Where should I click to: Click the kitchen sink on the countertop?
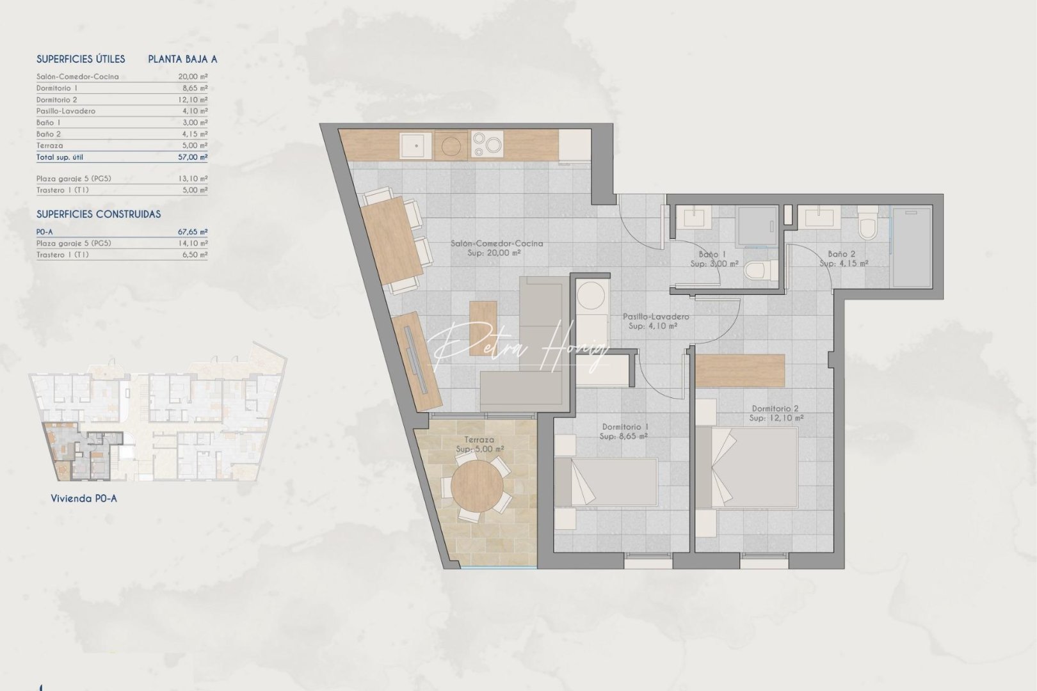pyautogui.click(x=417, y=145)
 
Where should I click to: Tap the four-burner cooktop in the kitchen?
pyautogui.click(x=486, y=145)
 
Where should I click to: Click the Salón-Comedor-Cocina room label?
pyautogui.click(x=497, y=244)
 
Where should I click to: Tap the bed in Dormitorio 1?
pyautogui.click(x=606, y=489)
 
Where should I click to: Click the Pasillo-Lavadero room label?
pyautogui.click(x=655, y=317)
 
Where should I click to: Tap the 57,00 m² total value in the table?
pyautogui.click(x=193, y=157)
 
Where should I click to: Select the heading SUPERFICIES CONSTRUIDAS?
pyautogui.click(x=99, y=214)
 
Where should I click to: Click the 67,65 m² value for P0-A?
pyautogui.click(x=193, y=232)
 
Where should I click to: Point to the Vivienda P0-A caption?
pyautogui.click(x=84, y=498)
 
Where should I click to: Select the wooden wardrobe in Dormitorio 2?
pyautogui.click(x=741, y=370)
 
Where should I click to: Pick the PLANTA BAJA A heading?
pyautogui.click(x=182, y=59)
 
